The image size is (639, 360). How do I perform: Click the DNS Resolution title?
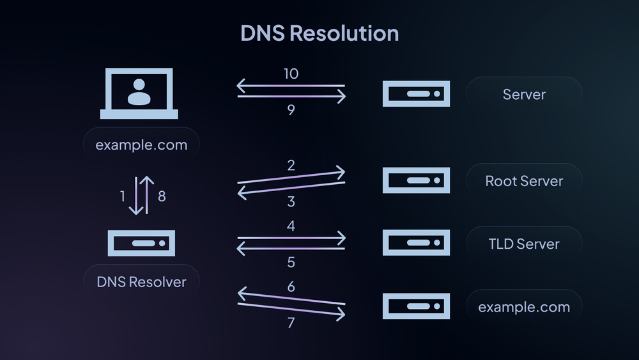319,33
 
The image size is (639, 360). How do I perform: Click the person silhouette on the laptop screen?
139,91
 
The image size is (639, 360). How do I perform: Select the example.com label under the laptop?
141,145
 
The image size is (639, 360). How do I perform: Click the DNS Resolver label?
141,281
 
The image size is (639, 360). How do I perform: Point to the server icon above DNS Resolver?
141,244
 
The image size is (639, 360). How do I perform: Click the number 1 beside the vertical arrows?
123,196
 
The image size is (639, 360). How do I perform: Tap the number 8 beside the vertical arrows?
162,196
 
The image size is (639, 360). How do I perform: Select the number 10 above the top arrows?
291,74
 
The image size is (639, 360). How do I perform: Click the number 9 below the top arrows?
291,111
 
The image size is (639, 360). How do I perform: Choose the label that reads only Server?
524,95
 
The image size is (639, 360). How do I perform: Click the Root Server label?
524,181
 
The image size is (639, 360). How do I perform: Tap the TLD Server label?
524,244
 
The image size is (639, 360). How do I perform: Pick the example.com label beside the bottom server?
524,307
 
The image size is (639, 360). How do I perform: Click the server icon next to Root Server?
416,180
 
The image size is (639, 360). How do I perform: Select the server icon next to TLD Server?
416,243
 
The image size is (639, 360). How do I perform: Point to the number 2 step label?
291,166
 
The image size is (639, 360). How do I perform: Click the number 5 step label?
291,262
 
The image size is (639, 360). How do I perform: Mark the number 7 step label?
291,323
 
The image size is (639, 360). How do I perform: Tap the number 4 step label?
291,226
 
